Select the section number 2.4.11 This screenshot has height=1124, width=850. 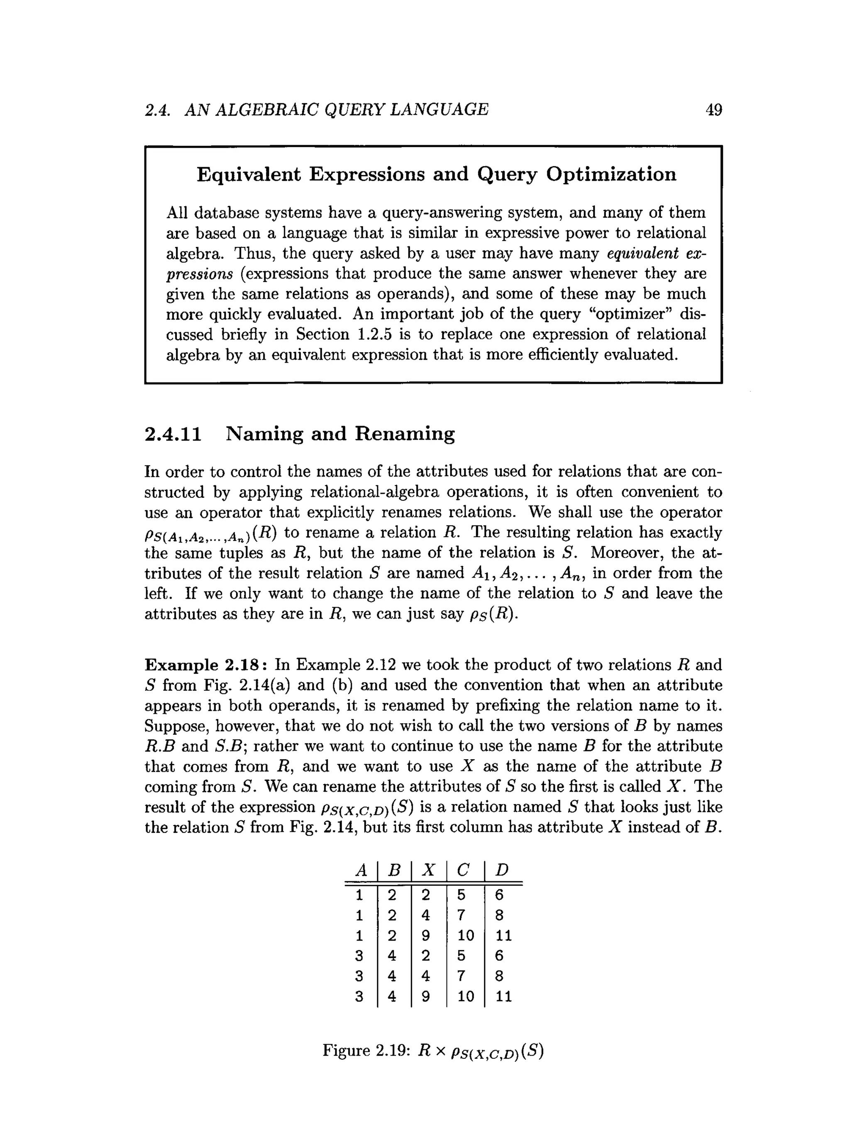[x=173, y=434]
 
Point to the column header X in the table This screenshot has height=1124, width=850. [x=428, y=870]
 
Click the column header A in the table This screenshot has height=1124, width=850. [x=360, y=870]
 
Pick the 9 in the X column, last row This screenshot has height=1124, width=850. [x=425, y=997]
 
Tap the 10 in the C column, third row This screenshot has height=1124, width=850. [x=465, y=936]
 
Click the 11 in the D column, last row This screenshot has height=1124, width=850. [x=503, y=997]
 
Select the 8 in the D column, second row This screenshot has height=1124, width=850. [x=499, y=915]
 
